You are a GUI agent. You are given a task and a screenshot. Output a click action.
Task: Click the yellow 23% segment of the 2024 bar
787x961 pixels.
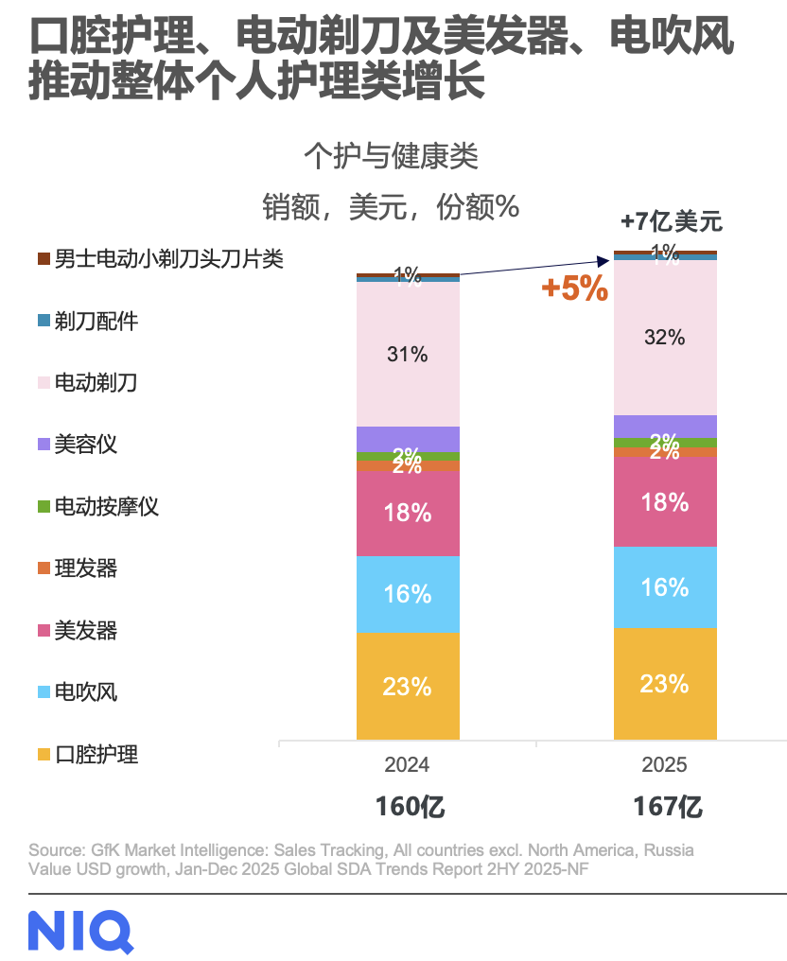coord(408,686)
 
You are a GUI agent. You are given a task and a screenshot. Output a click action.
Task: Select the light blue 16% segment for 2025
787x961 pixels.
coord(664,586)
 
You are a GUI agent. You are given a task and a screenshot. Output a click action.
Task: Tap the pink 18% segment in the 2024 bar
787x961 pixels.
coord(408,513)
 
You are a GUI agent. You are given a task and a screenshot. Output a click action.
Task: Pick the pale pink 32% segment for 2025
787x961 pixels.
coord(664,337)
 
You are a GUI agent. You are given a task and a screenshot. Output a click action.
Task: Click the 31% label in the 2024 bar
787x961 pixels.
coord(408,355)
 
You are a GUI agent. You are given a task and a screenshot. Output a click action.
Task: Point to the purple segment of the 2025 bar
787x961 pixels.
coord(664,426)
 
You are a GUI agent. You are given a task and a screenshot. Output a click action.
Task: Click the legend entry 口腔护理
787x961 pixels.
coord(96,755)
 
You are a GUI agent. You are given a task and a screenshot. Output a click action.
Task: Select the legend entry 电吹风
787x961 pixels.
coord(85,692)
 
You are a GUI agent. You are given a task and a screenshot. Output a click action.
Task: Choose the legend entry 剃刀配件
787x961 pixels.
coord(96,322)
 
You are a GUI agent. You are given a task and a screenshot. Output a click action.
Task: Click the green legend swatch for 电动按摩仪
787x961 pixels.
coord(43,507)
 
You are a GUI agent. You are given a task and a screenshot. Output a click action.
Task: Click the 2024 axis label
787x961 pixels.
coord(407,764)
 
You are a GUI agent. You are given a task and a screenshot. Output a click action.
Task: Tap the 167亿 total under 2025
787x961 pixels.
coord(668,807)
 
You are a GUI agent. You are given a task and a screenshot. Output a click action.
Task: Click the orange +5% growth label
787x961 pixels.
coord(574,289)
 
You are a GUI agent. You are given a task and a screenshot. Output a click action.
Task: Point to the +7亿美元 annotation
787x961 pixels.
coord(671,222)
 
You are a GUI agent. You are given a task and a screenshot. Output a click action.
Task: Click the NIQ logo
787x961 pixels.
coord(79,931)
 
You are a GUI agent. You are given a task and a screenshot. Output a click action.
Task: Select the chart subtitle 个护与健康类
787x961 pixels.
coord(391,156)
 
